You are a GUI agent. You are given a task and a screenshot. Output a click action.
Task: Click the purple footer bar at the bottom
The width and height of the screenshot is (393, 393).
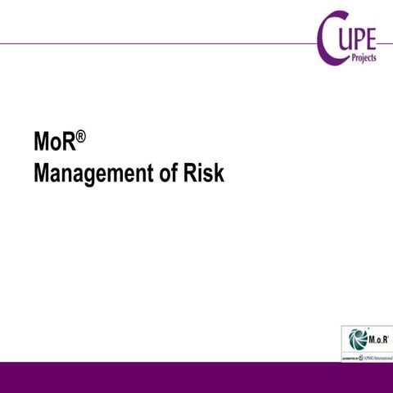[196, 377]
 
